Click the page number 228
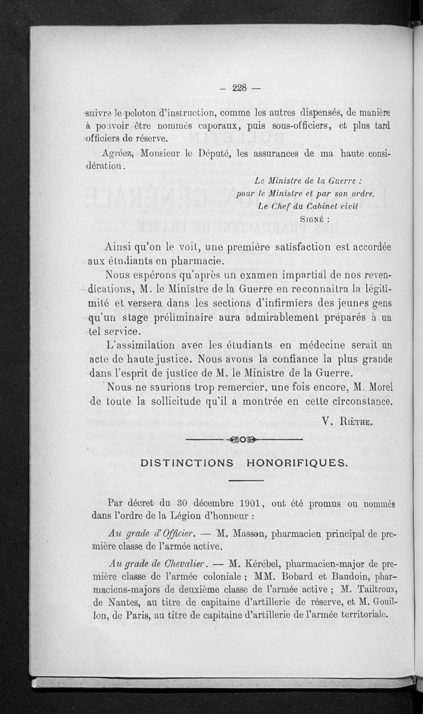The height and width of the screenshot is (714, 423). [x=240, y=88]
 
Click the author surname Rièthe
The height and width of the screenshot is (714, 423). [x=356, y=420]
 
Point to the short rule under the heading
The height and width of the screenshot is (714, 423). [x=246, y=480]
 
